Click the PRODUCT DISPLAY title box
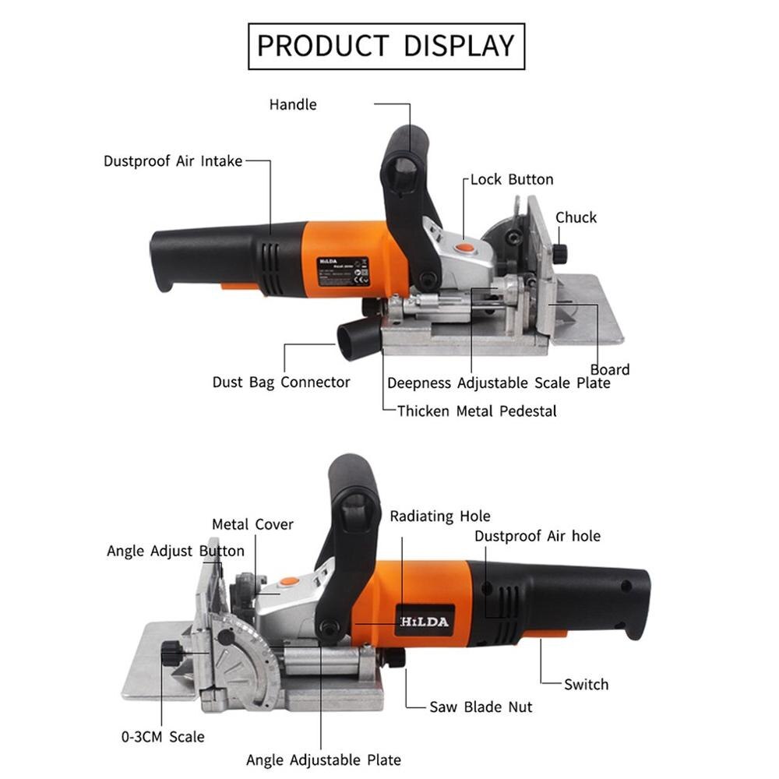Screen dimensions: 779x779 386,46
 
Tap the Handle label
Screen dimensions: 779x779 293,104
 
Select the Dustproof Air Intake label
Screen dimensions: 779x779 173,161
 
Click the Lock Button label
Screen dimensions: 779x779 511,179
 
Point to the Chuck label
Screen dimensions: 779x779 576,217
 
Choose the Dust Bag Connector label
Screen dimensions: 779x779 281,382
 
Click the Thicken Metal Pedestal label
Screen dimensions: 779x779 477,411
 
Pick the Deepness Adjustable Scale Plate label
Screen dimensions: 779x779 499,383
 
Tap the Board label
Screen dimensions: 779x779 610,369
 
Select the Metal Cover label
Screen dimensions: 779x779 252,524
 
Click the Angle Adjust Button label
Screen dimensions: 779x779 175,552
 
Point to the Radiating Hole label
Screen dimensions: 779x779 440,516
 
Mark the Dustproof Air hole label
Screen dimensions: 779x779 538,536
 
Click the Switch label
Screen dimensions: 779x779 586,685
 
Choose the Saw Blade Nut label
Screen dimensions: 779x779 481,707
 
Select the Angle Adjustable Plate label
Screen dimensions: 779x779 323,760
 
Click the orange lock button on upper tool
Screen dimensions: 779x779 464,247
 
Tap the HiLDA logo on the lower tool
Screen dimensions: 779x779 425,621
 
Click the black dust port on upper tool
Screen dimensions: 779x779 356,340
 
